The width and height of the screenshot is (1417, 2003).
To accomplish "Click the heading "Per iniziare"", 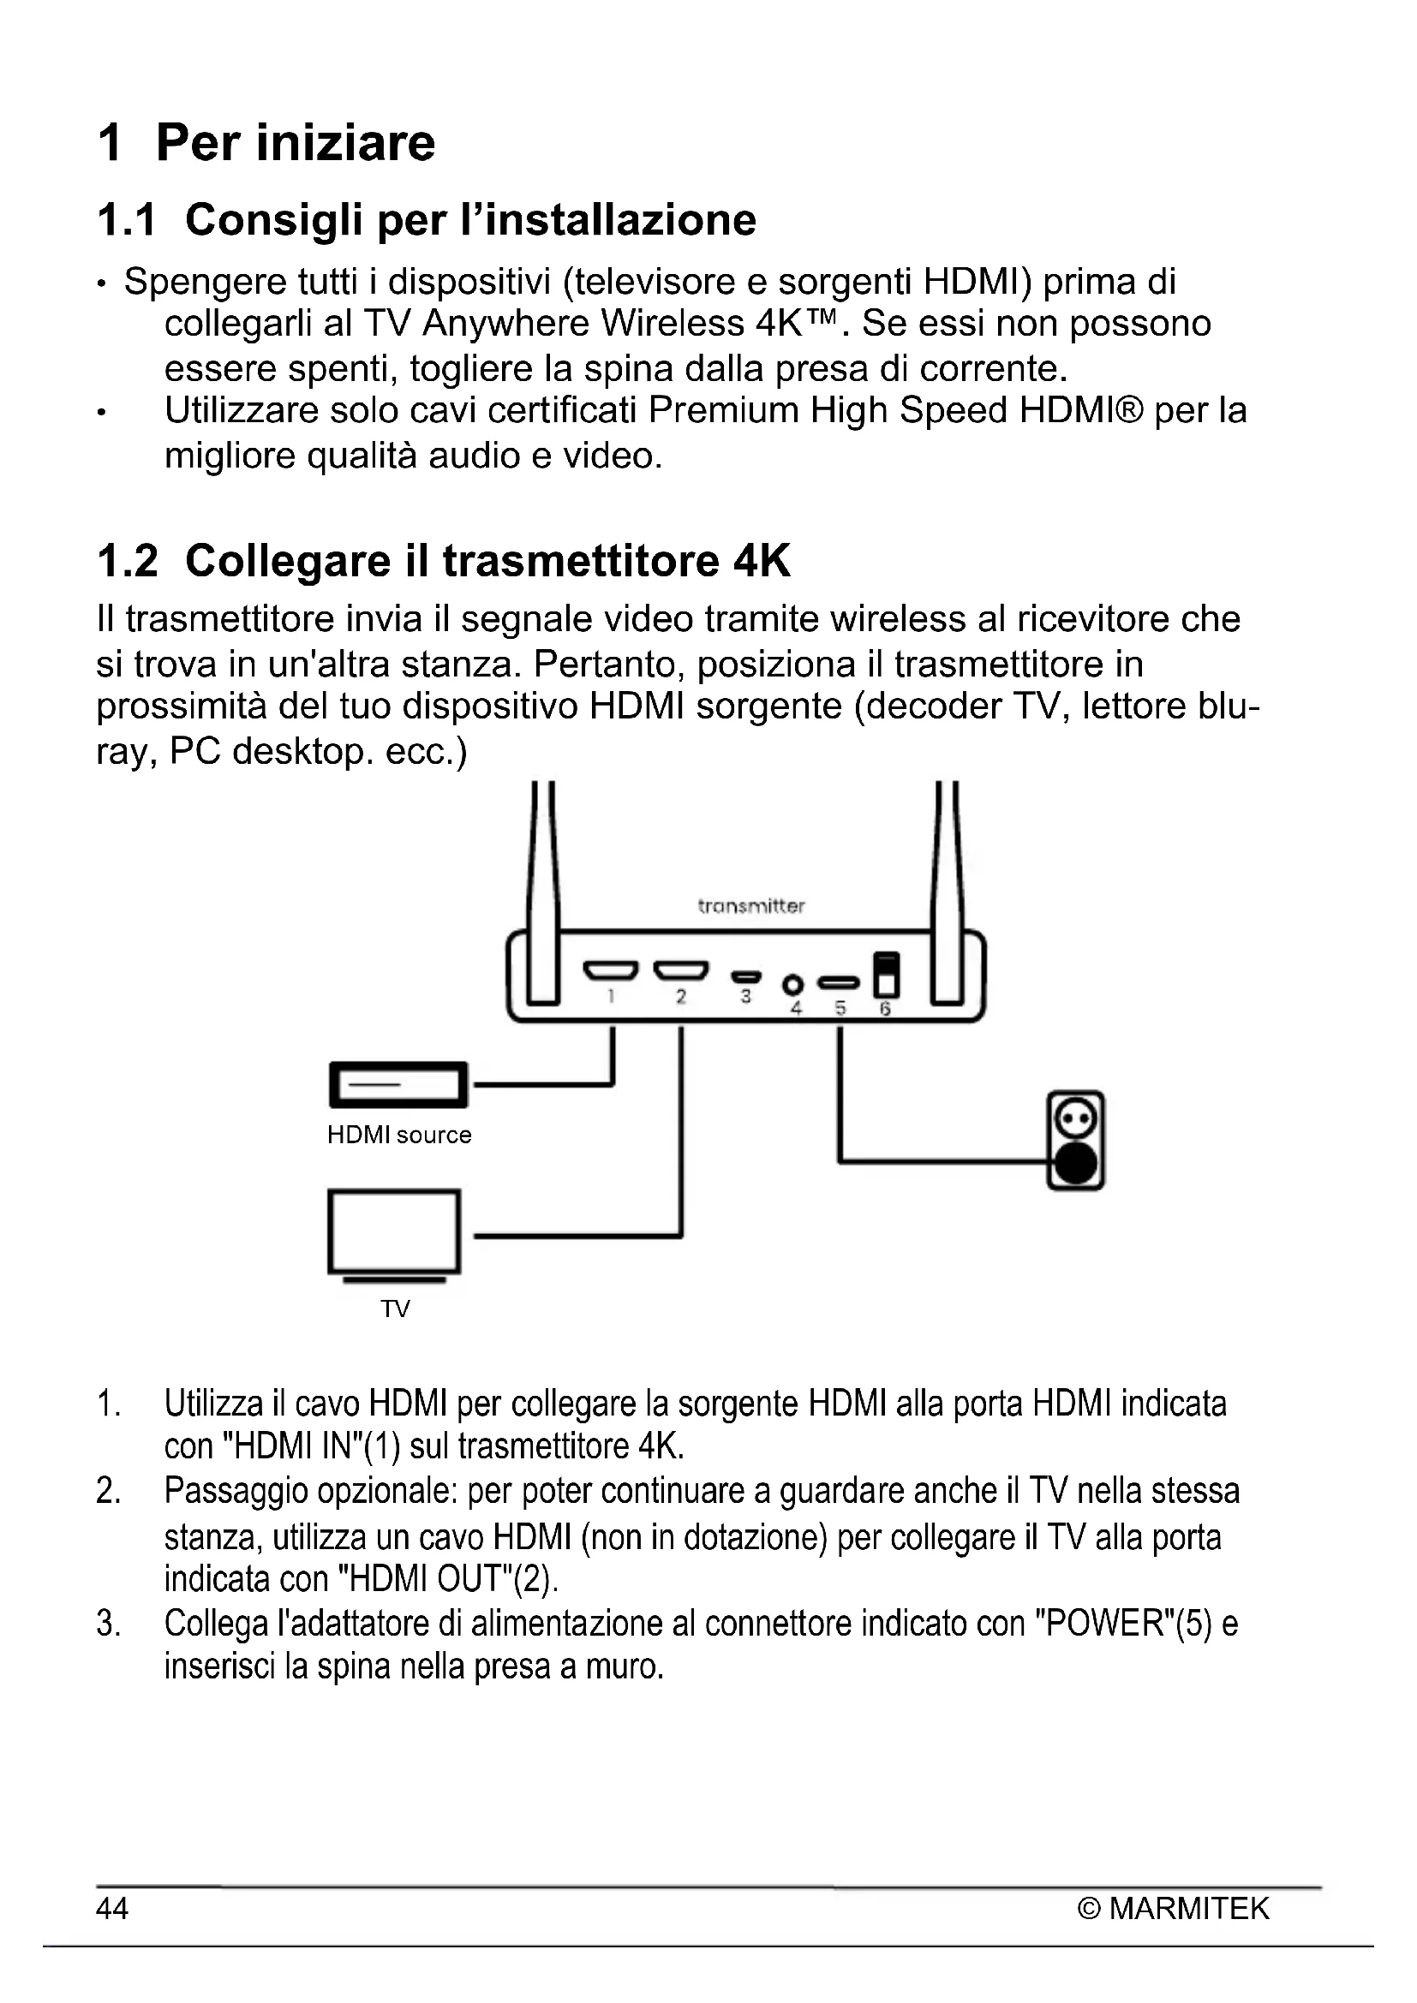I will pyautogui.click(x=295, y=142).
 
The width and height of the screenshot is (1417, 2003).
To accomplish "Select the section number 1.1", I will pyautogui.click(x=127, y=220).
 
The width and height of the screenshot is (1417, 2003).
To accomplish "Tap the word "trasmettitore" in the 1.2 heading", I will pyautogui.click(x=581, y=560).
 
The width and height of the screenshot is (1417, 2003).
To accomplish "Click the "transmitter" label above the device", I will pyautogui.click(x=750, y=905).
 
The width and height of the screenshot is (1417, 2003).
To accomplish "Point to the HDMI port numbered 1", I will pyautogui.click(x=610, y=970).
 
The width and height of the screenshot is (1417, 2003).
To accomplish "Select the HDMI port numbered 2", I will pyautogui.click(x=680, y=970).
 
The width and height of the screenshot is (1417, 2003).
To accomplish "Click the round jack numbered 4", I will pyautogui.click(x=792, y=985).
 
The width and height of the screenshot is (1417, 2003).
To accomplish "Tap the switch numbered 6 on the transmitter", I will pyautogui.click(x=886, y=975).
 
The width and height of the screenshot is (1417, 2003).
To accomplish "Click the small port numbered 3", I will pyautogui.click(x=746, y=976).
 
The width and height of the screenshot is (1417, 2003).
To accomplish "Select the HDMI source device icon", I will pyautogui.click(x=398, y=1085).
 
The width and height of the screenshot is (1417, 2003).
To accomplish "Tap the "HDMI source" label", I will pyautogui.click(x=398, y=1135).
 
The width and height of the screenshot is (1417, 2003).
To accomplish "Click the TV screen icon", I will pyautogui.click(x=394, y=1231).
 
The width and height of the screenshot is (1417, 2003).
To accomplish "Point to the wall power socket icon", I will pyautogui.click(x=1076, y=1140).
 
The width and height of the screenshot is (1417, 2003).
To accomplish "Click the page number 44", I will pyautogui.click(x=112, y=1908).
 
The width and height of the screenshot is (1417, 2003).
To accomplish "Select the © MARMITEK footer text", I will pyautogui.click(x=1174, y=1908).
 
